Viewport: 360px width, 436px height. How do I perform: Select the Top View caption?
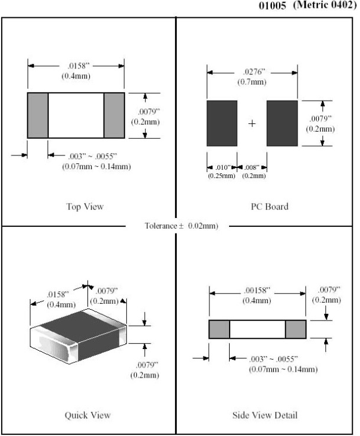tap(84, 207)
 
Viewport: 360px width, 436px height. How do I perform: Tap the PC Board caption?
tap(270, 207)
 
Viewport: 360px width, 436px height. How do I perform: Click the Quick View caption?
tap(87, 415)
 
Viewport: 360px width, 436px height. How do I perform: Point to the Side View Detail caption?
tap(265, 415)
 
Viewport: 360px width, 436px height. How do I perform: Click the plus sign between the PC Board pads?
tap(252, 123)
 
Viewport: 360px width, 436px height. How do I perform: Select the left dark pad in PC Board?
tap(222, 123)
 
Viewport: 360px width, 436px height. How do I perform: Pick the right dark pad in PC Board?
tap(281, 123)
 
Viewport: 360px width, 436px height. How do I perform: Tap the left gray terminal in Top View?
tap(37, 115)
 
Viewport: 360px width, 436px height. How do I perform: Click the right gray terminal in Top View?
tap(114, 115)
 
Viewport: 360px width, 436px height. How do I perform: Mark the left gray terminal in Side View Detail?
tap(219, 329)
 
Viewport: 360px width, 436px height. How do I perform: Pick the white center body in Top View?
tap(76, 115)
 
